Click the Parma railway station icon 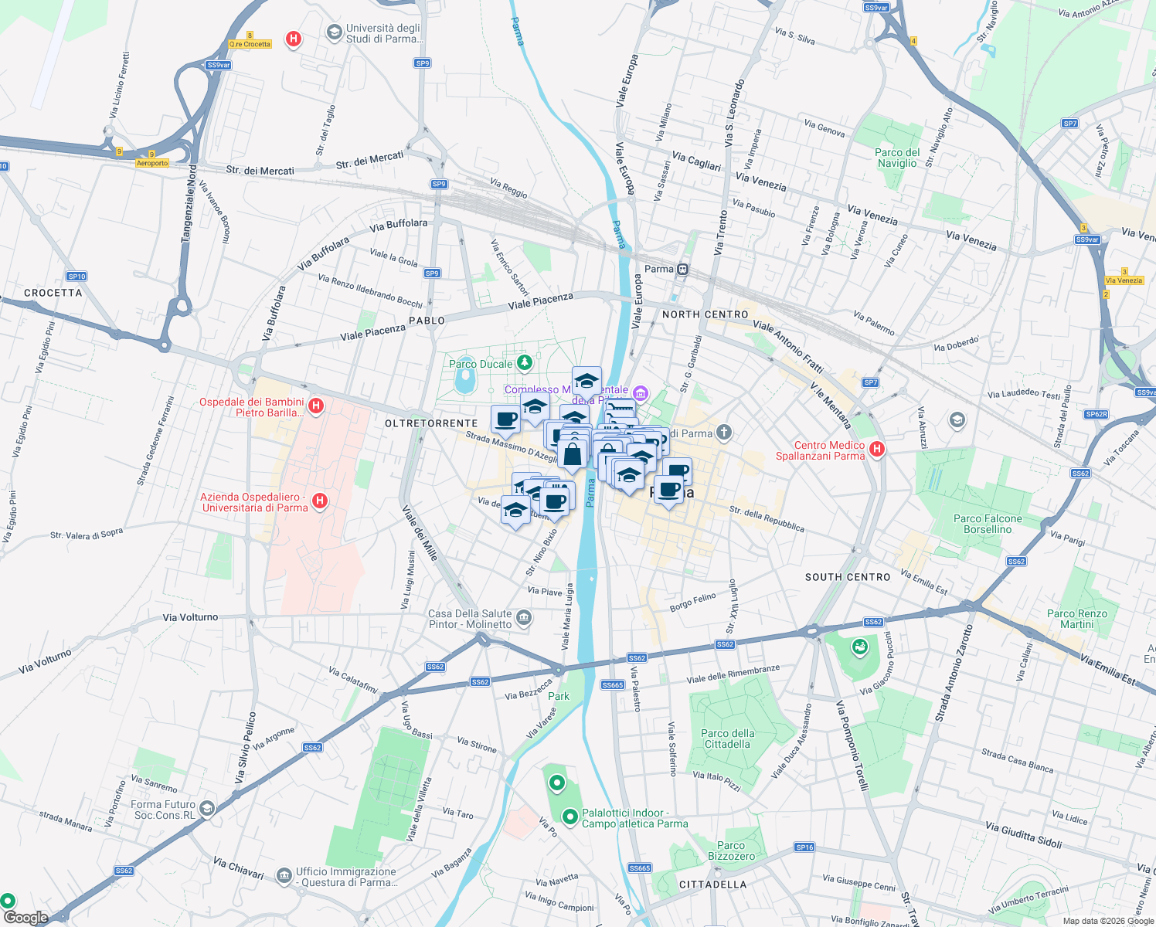point(682,269)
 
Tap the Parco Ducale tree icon point(525,362)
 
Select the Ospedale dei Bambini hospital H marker point(315,406)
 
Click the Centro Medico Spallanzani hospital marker point(876,450)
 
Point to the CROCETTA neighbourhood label point(53,293)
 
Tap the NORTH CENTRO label point(705,314)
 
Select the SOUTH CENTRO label point(848,577)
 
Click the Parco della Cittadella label point(727,739)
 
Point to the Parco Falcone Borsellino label point(988,524)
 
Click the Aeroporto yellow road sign point(152,163)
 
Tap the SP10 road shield point(76,276)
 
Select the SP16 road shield point(804,847)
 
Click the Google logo point(25,918)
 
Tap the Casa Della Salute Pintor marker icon point(524,617)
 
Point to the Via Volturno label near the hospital point(190,617)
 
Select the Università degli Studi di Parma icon point(334,32)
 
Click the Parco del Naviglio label point(897,158)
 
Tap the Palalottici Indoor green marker point(569,817)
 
